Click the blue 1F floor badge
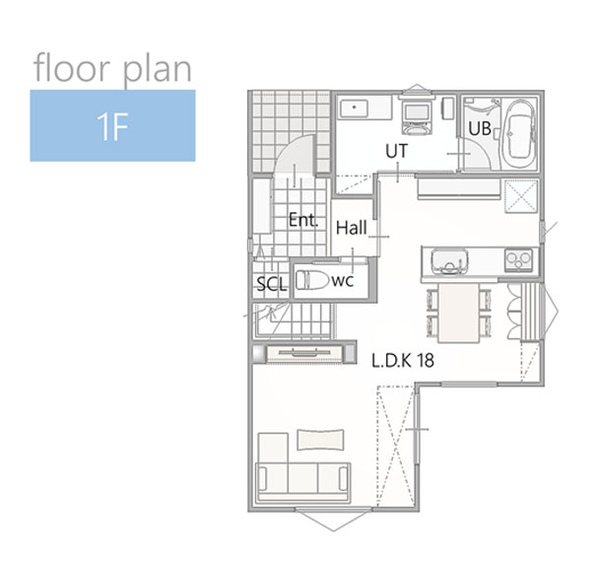tap(112, 125)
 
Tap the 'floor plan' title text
tap(112, 69)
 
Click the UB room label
tap(480, 128)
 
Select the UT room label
tap(396, 151)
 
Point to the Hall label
tap(352, 228)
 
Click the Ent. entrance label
tap(303, 220)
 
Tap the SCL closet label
tap(271, 284)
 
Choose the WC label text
tap(343, 281)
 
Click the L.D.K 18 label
tap(403, 360)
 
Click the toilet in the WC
tap(312, 280)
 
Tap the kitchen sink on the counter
tap(449, 261)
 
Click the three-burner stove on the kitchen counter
tap(518, 260)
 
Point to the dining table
tap(459, 314)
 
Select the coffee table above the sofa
tap(321, 440)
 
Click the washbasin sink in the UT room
tap(354, 108)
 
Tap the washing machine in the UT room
tap(417, 116)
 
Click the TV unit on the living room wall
tap(304, 353)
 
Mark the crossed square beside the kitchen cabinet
tap(521, 196)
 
